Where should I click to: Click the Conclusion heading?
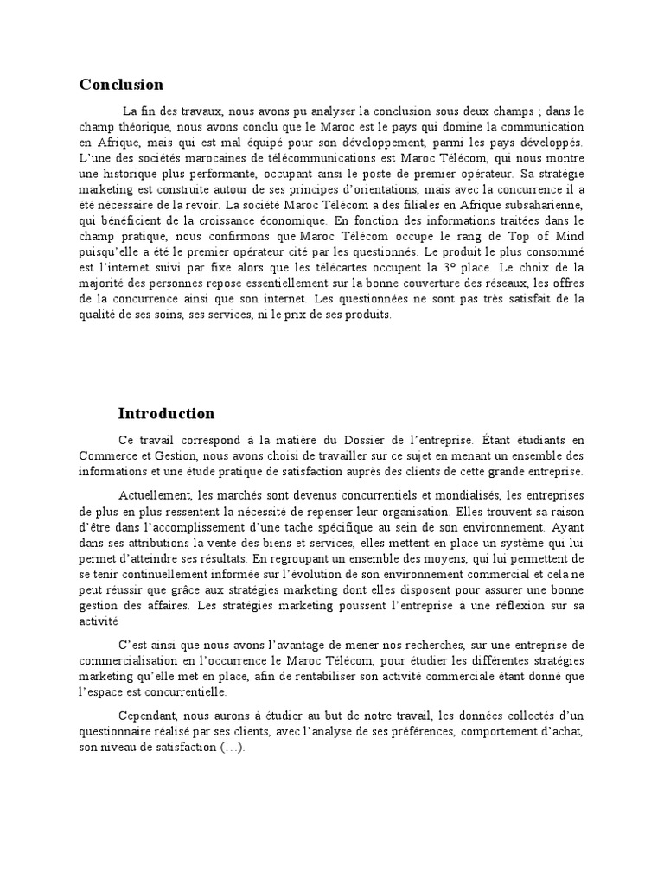coord(121,85)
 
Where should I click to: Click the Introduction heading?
coord(166,413)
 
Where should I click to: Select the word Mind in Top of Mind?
coord(570,235)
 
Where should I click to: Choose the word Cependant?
coord(147,716)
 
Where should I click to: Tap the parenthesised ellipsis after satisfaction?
coord(233,748)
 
